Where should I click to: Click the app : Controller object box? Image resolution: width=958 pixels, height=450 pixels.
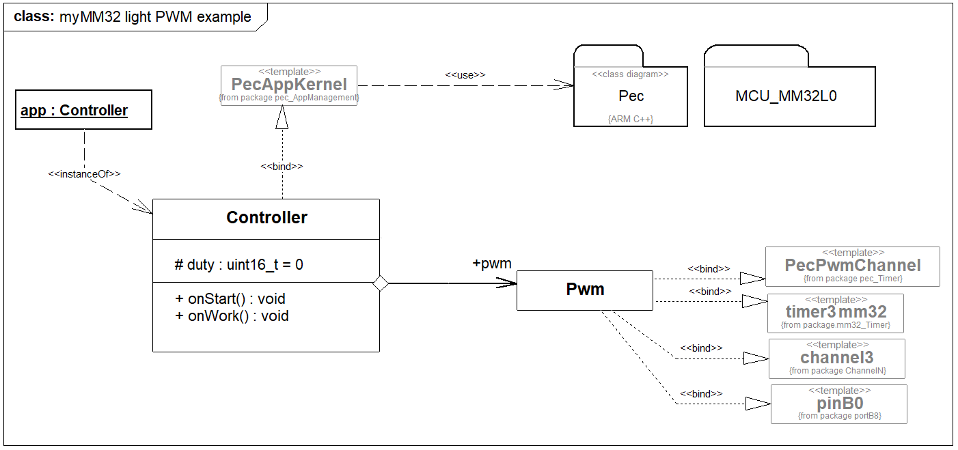pos(83,110)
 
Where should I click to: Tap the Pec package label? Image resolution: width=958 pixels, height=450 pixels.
pos(631,96)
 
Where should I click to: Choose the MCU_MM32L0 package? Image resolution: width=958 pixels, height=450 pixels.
pos(786,96)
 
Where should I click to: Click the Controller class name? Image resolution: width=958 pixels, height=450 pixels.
pos(266,218)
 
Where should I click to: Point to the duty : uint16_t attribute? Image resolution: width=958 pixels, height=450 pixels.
pos(239,264)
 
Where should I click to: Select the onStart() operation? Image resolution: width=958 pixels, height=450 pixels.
pos(230,298)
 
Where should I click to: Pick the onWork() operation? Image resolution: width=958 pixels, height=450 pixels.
pos(232,315)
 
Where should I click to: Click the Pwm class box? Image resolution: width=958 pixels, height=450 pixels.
pos(585,290)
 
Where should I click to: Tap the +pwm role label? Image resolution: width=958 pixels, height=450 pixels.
pos(492,264)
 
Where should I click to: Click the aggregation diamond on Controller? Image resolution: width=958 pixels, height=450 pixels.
pos(381,283)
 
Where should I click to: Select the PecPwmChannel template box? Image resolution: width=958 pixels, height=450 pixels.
pos(853,266)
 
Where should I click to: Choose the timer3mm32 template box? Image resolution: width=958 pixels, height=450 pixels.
pos(836,313)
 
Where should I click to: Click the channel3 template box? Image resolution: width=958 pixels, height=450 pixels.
pos(837,358)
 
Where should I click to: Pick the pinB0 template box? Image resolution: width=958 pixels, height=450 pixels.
pos(839,404)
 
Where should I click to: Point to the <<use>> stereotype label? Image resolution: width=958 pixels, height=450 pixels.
pos(465,74)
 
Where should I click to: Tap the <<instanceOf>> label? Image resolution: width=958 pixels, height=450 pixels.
pos(84,174)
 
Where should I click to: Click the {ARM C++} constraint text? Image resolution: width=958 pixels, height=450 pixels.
pos(630,119)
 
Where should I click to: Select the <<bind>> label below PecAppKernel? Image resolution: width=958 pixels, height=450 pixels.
pos(282,166)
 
